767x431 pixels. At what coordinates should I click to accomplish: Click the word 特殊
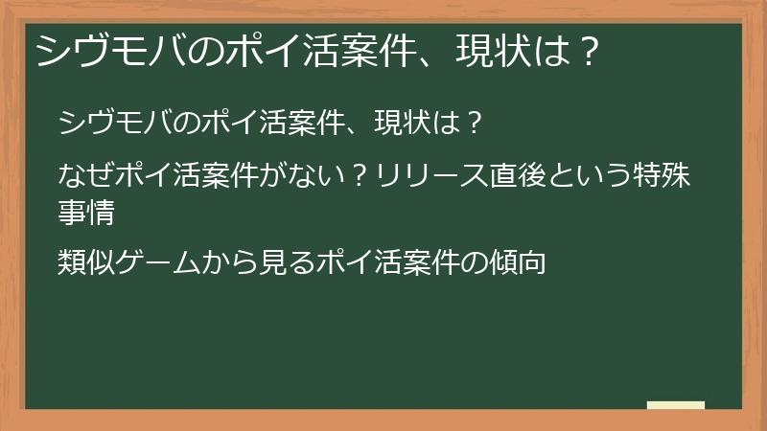click(665, 175)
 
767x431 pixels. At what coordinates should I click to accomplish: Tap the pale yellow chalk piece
click(675, 404)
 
